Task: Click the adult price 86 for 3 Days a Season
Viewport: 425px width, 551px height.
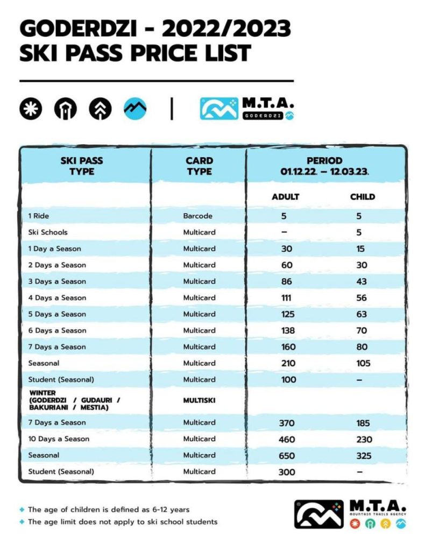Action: [288, 281]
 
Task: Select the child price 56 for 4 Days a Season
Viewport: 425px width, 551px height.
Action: [362, 298]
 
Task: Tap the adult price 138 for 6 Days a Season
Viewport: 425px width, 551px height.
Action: [288, 330]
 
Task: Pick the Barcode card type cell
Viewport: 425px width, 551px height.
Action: [198, 216]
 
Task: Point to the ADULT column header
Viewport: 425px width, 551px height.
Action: [285, 197]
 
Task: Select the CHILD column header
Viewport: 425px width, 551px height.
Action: [362, 197]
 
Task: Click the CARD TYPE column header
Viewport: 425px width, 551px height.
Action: [199, 166]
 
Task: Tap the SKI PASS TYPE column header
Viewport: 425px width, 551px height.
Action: [82, 166]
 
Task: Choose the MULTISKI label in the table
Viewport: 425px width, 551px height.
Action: [199, 401]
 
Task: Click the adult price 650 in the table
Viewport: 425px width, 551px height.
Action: [287, 455]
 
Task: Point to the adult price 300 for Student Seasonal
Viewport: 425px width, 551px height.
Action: [287, 472]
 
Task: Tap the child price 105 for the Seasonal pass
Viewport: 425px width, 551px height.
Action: [363, 363]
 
